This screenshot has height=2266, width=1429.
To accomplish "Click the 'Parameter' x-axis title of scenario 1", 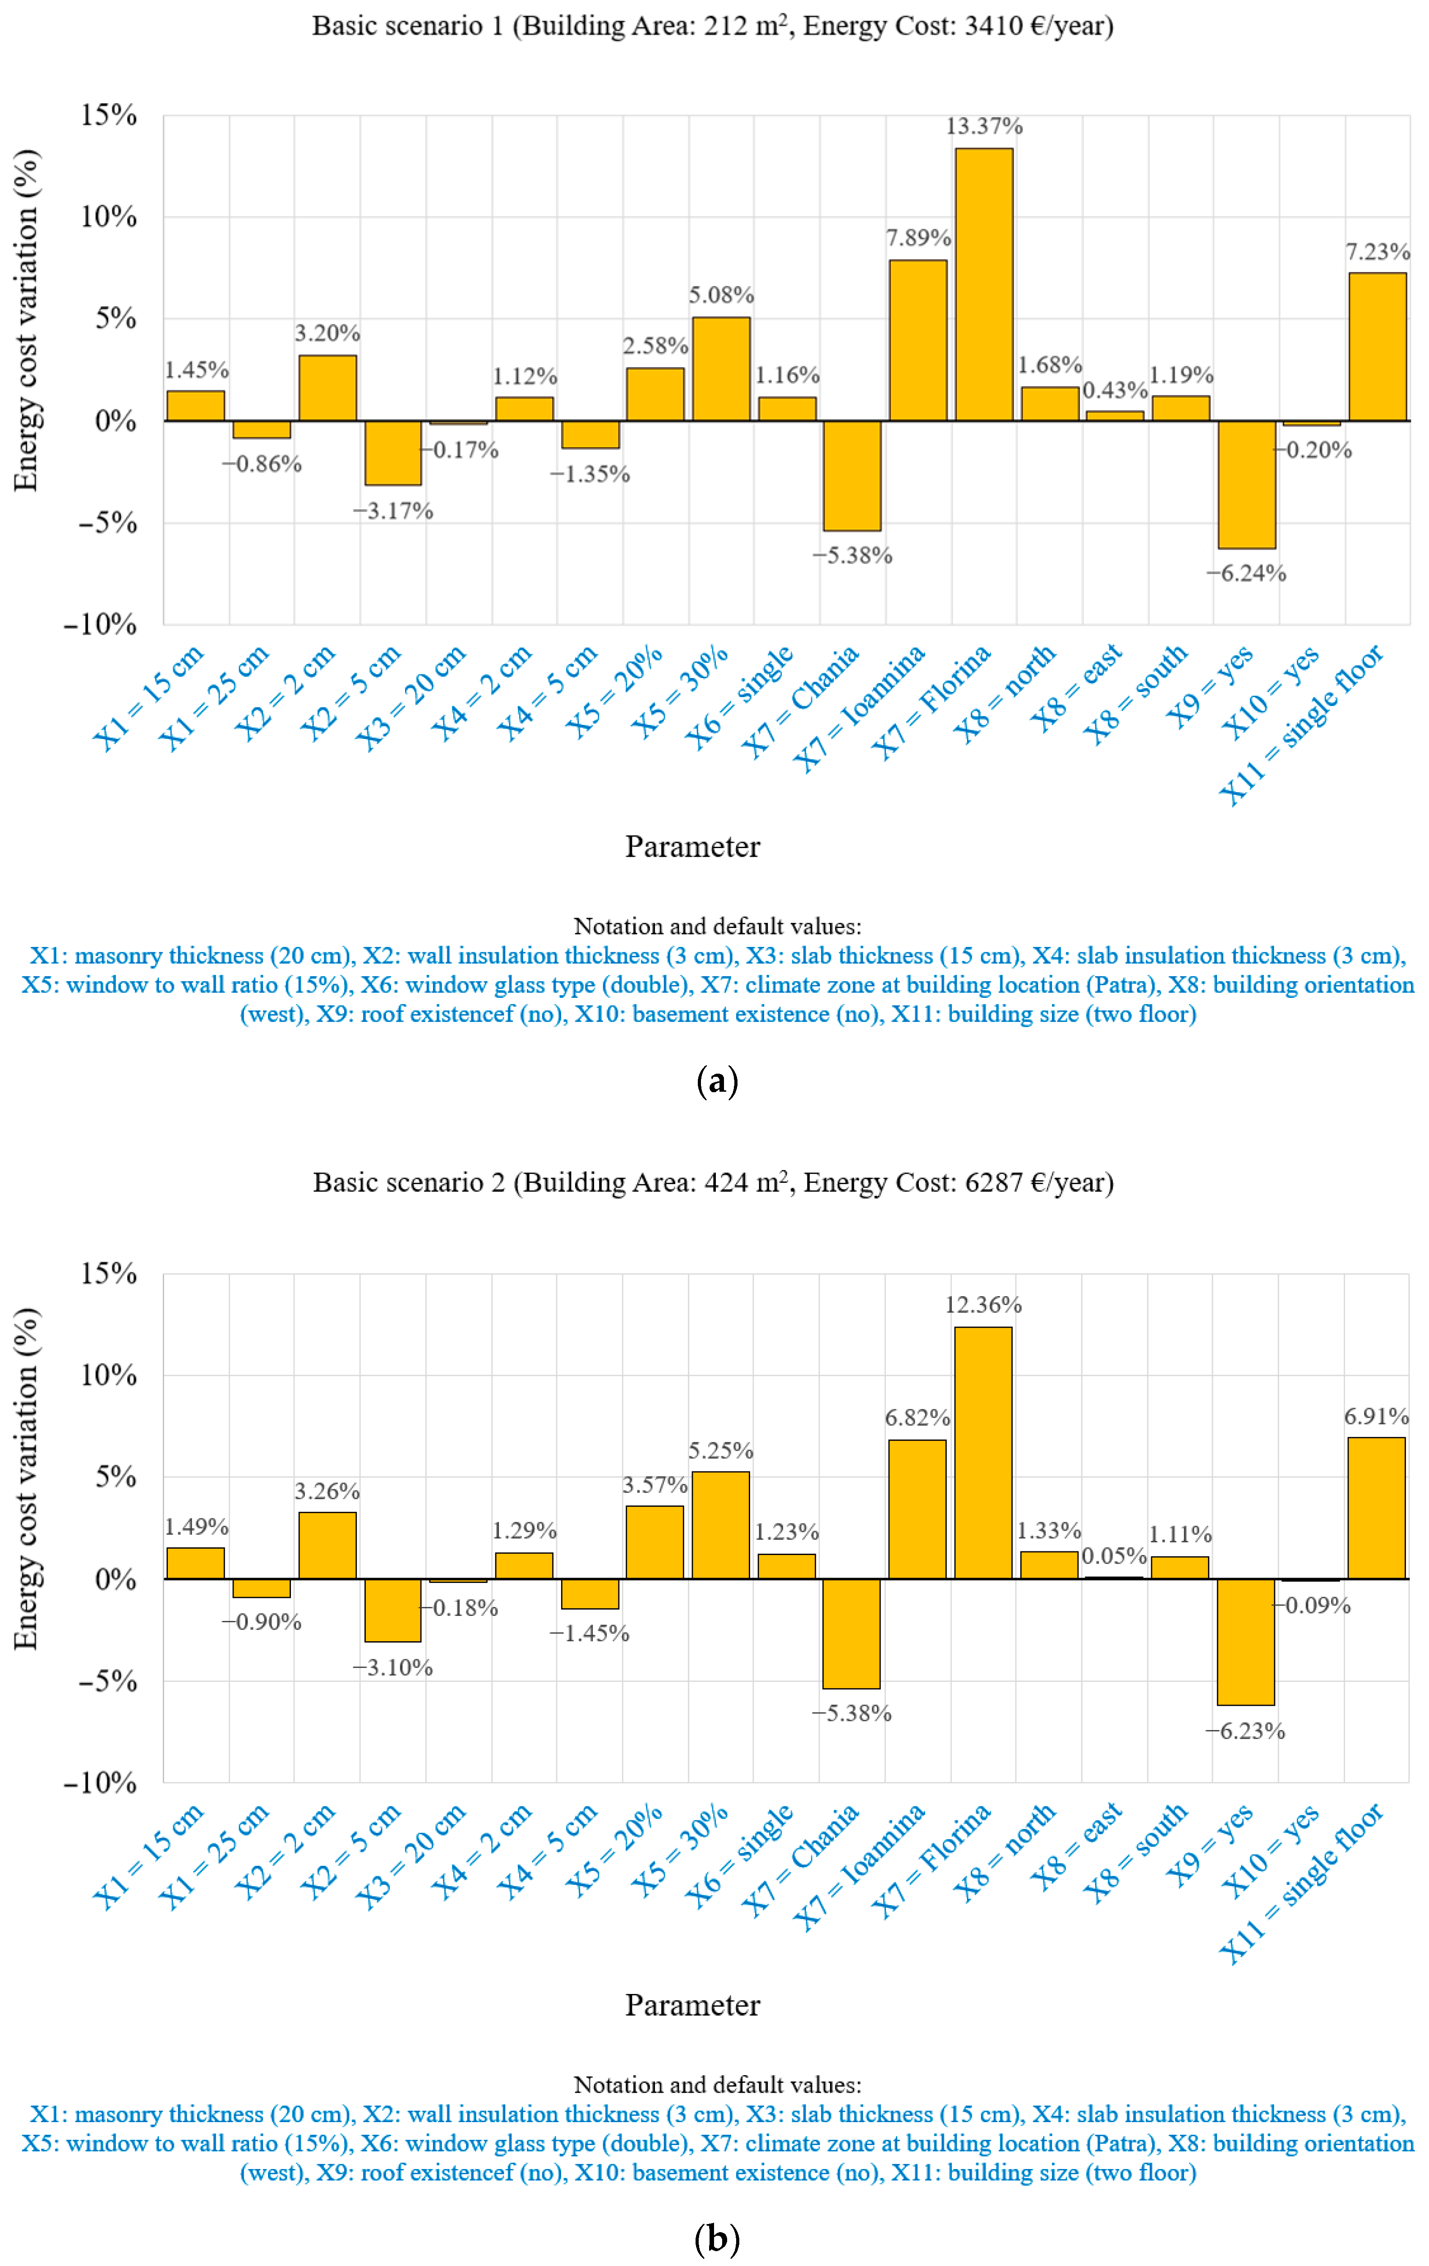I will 692,847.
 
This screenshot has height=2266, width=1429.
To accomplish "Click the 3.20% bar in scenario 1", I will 327,388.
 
